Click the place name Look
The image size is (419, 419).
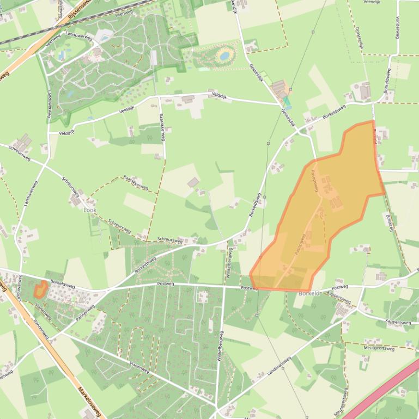click(89, 209)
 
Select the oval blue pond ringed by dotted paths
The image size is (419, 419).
click(224, 55)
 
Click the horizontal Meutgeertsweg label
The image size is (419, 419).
click(379, 348)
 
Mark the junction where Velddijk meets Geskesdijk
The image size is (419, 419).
click(279, 104)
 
